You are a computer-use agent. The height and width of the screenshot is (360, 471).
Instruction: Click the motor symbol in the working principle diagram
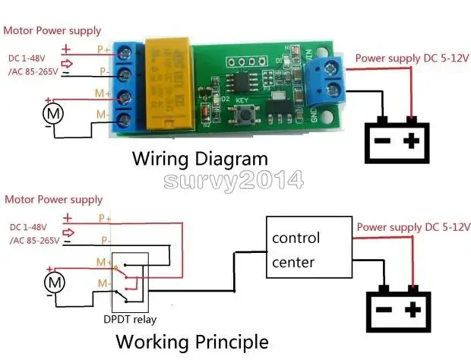tap(55, 283)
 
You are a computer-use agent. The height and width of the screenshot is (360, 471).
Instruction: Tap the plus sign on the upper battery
tap(412, 141)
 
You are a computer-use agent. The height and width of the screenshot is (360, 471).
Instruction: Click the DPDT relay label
tap(131, 320)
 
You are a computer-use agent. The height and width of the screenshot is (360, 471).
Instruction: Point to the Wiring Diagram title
tap(201, 159)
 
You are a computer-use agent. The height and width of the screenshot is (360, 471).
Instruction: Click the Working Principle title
tap(192, 341)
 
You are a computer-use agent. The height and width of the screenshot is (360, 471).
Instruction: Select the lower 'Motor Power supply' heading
tap(54, 200)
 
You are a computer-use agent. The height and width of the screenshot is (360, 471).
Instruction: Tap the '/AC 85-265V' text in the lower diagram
tap(34, 241)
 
